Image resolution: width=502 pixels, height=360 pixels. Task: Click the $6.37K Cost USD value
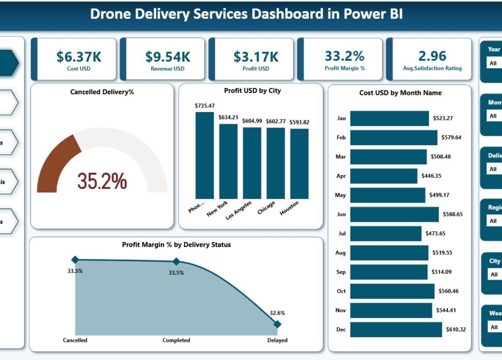79,57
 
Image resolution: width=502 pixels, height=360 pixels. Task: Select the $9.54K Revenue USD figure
167,57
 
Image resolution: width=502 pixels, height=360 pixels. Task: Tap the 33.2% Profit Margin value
345,56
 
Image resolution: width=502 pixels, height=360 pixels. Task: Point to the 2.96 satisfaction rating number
432,56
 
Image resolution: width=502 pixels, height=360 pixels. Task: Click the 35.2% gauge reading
102,181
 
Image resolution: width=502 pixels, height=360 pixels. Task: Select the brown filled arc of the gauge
57,162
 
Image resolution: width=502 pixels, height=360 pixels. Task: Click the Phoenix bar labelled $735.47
205,155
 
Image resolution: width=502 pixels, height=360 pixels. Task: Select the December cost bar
396,330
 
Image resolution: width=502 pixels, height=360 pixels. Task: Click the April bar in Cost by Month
384,176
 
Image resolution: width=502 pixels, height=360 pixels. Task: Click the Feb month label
341,138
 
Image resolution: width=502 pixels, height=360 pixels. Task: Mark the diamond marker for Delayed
277,324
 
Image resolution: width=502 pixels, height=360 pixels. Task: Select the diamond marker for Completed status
176,262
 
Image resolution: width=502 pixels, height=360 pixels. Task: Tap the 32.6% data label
277,313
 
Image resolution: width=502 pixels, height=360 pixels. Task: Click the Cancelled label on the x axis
75,340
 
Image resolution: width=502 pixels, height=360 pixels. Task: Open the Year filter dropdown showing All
494,63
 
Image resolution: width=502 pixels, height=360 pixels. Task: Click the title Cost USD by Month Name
400,93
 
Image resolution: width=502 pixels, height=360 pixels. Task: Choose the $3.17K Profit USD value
256,57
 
